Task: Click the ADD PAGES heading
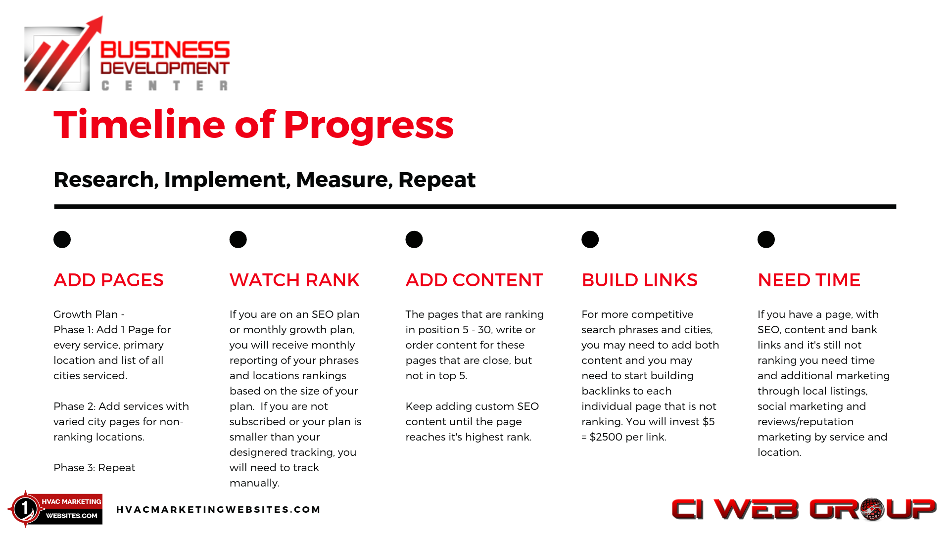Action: pos(108,280)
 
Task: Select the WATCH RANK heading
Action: pos(294,280)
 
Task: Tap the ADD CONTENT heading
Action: pos(474,280)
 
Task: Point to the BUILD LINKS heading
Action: pos(639,280)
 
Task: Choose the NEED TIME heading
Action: pos(809,280)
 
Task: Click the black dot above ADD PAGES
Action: pos(62,239)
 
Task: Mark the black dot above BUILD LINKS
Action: pos(590,239)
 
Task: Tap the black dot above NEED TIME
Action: pos(766,239)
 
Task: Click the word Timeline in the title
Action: pos(140,124)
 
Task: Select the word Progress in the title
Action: pos(369,126)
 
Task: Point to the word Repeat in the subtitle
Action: pos(437,180)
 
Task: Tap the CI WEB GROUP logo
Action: pos(804,509)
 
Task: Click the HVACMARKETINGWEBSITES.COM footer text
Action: pos(219,509)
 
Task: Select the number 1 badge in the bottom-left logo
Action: pos(25,509)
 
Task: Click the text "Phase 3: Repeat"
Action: pos(94,468)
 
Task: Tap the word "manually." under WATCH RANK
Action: pos(254,483)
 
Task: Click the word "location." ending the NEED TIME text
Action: pos(779,452)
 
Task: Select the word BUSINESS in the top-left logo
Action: pos(165,50)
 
